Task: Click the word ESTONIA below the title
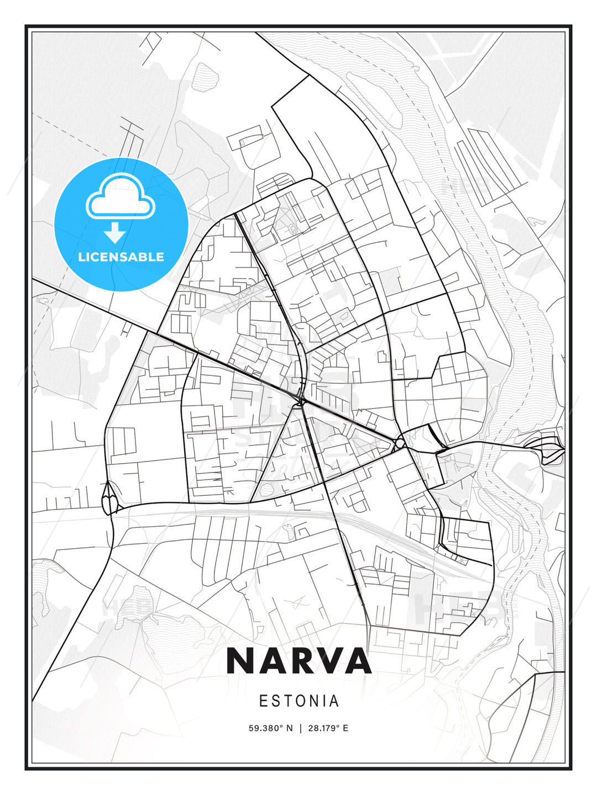tap(298, 701)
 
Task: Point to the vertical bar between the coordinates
tap(300, 728)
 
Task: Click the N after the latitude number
tap(289, 728)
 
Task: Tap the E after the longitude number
tap(345, 728)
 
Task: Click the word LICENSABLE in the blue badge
tap(121, 257)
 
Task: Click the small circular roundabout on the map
tap(400, 443)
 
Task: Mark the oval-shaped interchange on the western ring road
tap(110, 498)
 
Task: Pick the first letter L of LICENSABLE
tap(82, 257)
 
